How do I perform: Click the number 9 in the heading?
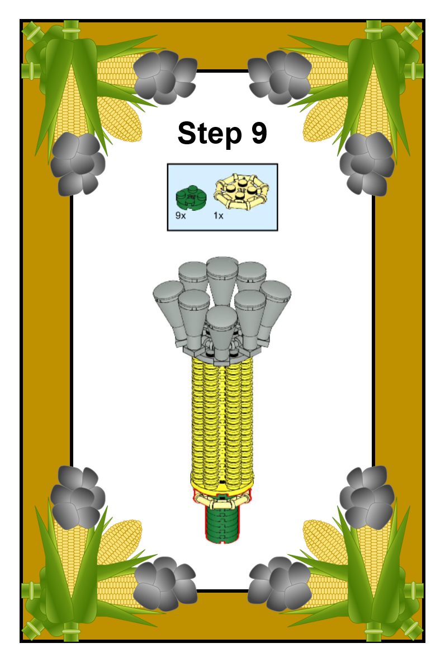pos(259,133)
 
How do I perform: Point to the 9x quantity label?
pos(180,216)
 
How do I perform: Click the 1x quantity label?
pos(218,216)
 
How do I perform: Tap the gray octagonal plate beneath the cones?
pos(222,353)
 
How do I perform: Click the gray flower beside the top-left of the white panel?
pos(165,77)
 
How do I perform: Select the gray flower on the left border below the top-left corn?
pos(78,164)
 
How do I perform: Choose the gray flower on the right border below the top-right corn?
pos(367,164)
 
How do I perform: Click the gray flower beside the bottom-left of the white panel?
pos(165,584)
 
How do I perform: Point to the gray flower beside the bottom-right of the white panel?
pos(280,584)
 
